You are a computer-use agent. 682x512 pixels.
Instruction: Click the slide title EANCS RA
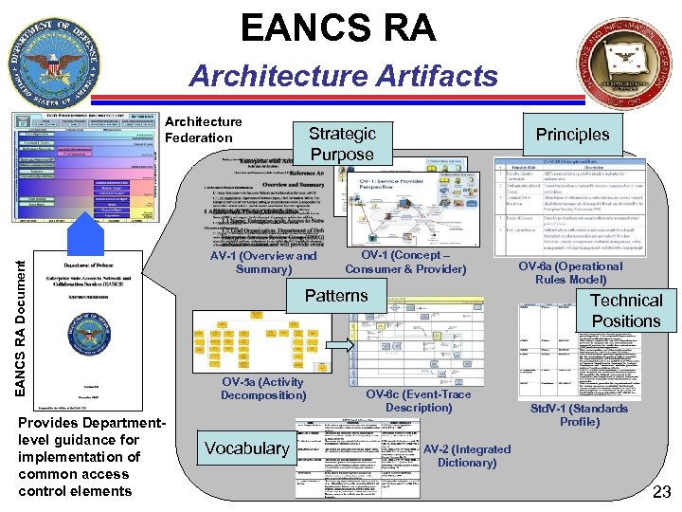point(338,27)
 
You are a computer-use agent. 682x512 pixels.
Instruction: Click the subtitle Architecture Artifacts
point(342,75)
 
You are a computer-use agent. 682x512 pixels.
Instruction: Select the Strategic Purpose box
point(342,143)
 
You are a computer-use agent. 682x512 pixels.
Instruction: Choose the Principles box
point(572,134)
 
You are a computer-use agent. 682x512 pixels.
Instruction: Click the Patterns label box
point(335,295)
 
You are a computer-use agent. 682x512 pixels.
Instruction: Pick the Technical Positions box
point(625,310)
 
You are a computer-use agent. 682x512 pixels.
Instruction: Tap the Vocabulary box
point(246,448)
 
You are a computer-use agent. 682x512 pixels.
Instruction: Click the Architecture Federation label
point(203,130)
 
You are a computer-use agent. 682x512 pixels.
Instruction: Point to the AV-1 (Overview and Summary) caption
point(263,262)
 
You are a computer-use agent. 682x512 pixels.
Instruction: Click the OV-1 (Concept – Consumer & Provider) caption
point(405,262)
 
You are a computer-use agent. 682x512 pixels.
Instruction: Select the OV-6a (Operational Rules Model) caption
point(570,272)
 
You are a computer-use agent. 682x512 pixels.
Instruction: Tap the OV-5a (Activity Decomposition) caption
point(263,388)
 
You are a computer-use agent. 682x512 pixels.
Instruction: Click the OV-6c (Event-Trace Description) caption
point(418,400)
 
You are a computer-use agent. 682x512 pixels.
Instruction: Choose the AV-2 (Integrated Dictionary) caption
point(466,455)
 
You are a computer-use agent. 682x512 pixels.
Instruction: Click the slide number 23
point(661,491)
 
